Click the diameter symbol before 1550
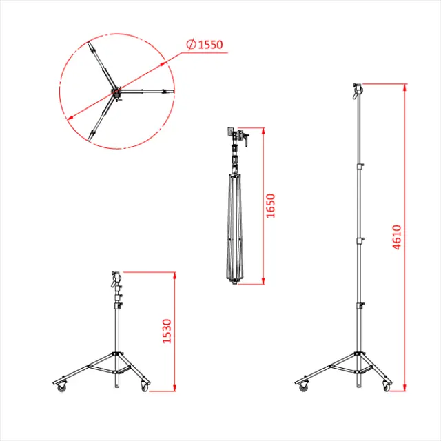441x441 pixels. click(x=190, y=45)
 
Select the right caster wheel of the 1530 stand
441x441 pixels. click(x=145, y=388)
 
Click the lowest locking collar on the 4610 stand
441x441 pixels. click(x=358, y=305)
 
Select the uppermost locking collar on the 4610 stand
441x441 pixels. click(x=358, y=167)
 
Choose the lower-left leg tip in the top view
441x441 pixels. click(x=92, y=135)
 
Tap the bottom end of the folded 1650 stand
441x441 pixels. click(x=234, y=282)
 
